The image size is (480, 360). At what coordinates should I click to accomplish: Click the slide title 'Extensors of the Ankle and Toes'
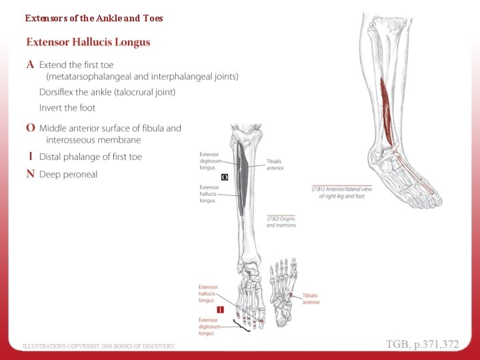click(x=94, y=18)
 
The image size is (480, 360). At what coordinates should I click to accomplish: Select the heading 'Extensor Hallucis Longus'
click(x=88, y=43)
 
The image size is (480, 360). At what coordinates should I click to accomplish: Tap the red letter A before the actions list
click(x=31, y=65)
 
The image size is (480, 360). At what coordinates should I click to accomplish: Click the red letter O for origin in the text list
click(x=31, y=127)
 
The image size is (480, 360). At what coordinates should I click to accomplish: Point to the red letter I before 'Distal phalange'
click(x=31, y=157)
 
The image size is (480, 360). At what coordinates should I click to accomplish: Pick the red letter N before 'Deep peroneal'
click(x=31, y=174)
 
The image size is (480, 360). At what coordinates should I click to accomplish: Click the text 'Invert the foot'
click(x=67, y=108)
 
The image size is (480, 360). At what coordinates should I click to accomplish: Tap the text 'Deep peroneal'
click(x=68, y=175)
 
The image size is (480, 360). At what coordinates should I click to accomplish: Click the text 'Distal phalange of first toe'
click(x=91, y=157)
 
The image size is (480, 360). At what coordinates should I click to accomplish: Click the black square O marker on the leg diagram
click(x=225, y=177)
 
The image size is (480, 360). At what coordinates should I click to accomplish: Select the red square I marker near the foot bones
click(x=221, y=309)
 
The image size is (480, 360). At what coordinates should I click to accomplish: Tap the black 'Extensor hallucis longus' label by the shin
click(x=209, y=194)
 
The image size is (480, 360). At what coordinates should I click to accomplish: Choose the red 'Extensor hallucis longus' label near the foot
click(x=208, y=293)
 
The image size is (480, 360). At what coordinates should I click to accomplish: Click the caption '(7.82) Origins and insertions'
click(x=281, y=222)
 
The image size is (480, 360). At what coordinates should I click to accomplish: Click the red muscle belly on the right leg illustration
click(x=386, y=100)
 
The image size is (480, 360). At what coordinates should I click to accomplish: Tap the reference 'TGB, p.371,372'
click(x=423, y=344)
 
